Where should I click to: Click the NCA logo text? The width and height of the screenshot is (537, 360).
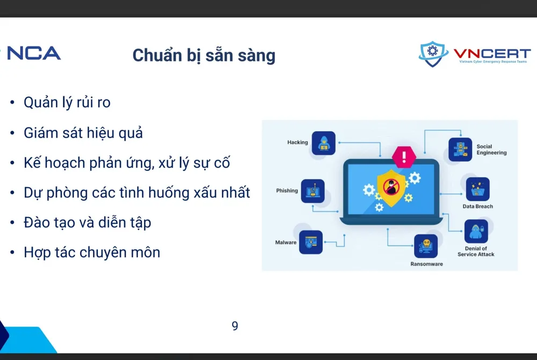[x=33, y=53]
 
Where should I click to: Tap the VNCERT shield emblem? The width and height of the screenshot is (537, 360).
[x=433, y=54]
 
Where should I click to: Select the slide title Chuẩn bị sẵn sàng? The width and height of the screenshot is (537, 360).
[x=204, y=55]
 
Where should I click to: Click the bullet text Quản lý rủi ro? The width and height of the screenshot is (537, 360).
[x=67, y=102]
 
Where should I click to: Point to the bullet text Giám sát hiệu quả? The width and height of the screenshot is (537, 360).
[x=83, y=132]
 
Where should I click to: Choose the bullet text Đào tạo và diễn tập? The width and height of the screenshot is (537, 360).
[x=87, y=222]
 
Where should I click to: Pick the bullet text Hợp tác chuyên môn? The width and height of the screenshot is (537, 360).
[x=92, y=252]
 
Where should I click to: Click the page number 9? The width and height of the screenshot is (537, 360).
[x=235, y=326]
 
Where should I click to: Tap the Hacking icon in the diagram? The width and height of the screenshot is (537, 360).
[x=323, y=143]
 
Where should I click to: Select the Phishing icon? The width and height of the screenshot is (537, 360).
[x=313, y=191]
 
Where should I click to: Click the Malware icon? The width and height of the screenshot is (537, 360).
[x=310, y=242]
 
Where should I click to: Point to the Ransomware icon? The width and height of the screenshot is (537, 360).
[x=426, y=246]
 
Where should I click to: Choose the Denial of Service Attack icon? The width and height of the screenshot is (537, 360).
[x=476, y=231]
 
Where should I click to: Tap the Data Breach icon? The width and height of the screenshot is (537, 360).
[x=477, y=189]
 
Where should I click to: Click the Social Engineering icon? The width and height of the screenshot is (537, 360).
[x=460, y=149]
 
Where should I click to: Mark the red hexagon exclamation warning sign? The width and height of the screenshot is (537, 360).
[x=404, y=156]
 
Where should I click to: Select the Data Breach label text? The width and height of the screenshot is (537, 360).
[x=477, y=206]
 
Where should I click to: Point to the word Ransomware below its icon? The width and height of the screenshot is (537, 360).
[x=426, y=264]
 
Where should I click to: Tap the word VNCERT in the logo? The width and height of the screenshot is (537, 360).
[x=492, y=54]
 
